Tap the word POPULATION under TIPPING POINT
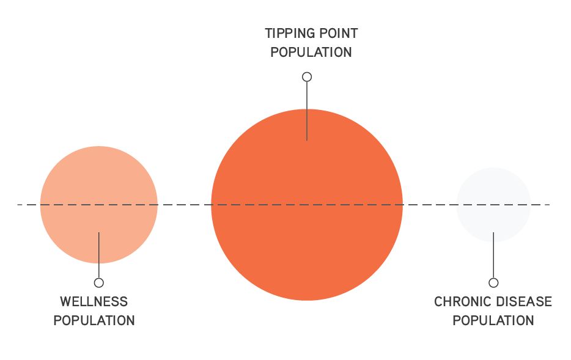click(x=311, y=52)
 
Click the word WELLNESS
click(x=94, y=301)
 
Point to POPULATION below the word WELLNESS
click(x=94, y=320)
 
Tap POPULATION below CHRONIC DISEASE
click(x=493, y=320)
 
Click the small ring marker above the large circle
click(x=307, y=77)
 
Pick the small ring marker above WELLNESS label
click(x=98, y=282)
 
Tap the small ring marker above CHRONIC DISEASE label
click(x=493, y=282)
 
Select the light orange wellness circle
click(x=73, y=177)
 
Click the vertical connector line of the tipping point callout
click(x=307, y=110)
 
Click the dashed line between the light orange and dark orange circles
click(x=184, y=205)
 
